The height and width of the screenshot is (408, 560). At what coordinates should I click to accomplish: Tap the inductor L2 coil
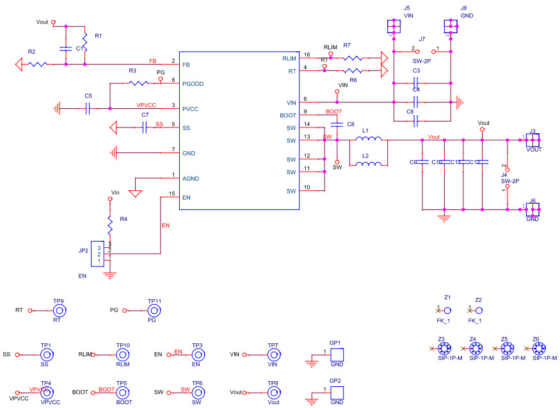tap(369, 164)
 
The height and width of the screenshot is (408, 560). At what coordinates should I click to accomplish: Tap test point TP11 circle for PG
tap(154, 310)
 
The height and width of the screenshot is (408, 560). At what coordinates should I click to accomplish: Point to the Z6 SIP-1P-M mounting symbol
tap(539, 348)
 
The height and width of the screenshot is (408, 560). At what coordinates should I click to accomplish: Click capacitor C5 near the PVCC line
tap(88, 108)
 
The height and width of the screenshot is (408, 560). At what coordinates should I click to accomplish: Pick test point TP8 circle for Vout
tap(273, 392)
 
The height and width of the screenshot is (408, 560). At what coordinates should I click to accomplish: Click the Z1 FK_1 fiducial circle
tap(447, 309)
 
